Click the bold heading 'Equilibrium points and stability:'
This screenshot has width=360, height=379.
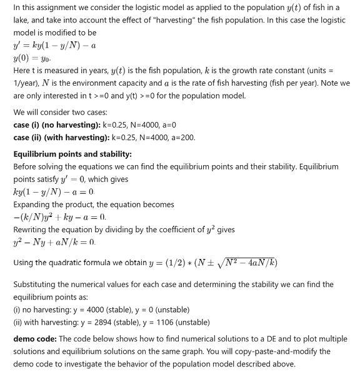click(72, 154)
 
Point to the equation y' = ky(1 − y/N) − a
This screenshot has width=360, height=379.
click(54, 45)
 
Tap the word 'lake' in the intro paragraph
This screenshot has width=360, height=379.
click(22, 20)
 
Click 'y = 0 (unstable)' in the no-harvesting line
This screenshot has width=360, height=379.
click(161, 310)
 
